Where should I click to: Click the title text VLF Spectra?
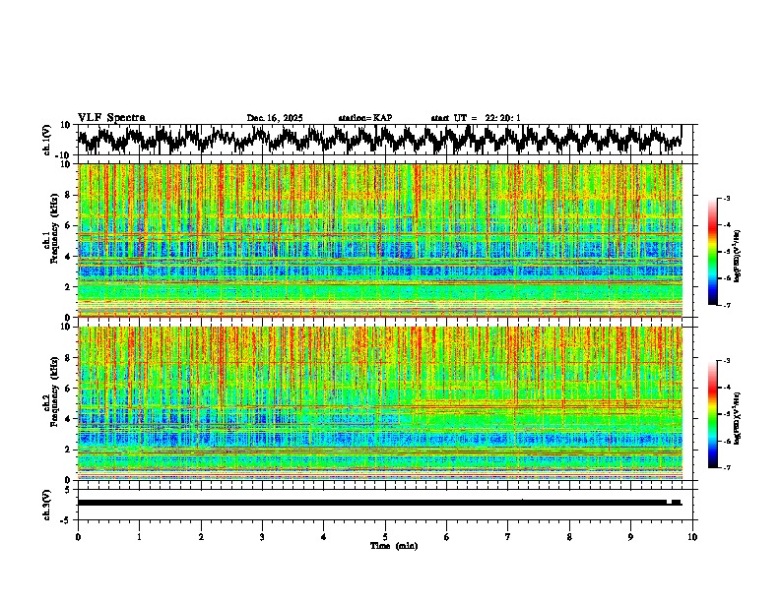point(111,117)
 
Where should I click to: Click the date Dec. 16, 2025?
point(275,118)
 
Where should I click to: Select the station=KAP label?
point(364,118)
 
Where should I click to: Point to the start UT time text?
point(476,118)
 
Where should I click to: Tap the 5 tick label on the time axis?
point(385,536)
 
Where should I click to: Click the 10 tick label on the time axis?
point(692,536)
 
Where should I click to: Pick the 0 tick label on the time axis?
point(78,536)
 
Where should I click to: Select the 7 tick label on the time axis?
point(508,536)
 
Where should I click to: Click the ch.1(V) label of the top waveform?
point(47,140)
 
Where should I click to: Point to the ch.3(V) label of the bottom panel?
point(47,503)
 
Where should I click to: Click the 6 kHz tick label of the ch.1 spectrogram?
point(69,225)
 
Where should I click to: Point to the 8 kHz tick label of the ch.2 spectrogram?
point(69,357)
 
